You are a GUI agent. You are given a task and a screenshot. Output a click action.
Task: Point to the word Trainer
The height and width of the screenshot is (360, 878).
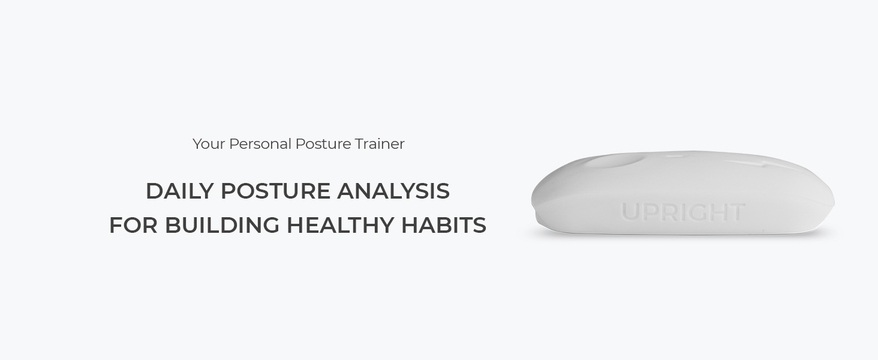[380, 144]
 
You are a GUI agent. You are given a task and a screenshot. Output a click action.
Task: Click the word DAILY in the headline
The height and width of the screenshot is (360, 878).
[179, 191]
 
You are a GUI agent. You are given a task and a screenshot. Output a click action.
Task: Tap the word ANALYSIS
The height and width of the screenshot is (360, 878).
[393, 191]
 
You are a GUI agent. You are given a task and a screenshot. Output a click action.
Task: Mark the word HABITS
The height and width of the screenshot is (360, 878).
[443, 226]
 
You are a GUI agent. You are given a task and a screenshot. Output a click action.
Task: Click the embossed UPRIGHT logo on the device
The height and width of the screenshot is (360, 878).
[682, 212]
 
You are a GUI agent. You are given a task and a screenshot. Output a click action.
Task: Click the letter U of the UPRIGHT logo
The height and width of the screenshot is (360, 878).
[630, 212]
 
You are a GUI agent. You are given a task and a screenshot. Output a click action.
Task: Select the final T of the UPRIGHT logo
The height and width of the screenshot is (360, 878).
[737, 212]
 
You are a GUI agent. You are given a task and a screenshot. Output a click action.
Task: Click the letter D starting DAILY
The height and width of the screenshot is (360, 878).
[155, 191]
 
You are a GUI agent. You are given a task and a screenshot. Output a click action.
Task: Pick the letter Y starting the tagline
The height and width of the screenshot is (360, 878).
[197, 144]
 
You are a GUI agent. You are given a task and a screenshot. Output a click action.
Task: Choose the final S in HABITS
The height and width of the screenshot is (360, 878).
[479, 226]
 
